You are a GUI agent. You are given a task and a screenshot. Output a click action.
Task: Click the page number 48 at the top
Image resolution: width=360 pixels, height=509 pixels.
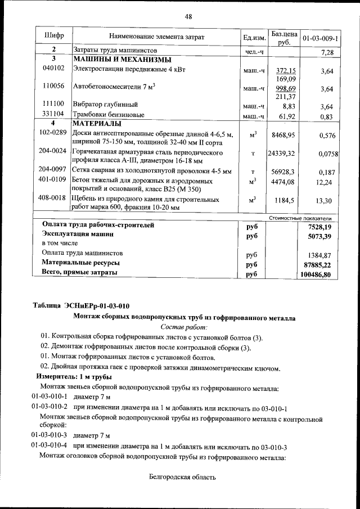pyautogui.click(x=188, y=16)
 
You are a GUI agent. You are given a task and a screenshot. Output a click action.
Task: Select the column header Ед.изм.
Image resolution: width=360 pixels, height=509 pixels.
pyautogui.click(x=254, y=38)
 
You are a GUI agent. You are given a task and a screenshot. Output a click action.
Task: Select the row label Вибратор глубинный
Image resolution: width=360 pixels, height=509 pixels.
pyautogui.click(x=105, y=105)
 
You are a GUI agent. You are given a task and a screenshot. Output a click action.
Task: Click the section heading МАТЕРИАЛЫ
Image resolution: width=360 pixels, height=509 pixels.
pyautogui.click(x=96, y=123)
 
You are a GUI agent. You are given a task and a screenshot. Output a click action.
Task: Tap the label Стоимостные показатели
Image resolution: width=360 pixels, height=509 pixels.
pyautogui.click(x=301, y=218)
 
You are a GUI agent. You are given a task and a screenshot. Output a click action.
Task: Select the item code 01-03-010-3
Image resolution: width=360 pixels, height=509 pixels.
pyautogui.click(x=49, y=435)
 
